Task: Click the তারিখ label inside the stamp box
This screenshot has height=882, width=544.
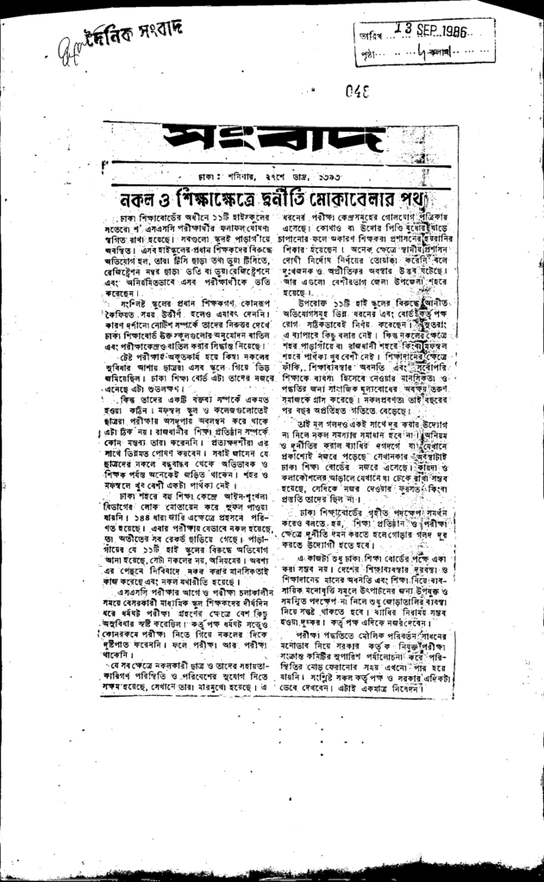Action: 370,35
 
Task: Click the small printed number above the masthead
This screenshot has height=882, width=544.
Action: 355,88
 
